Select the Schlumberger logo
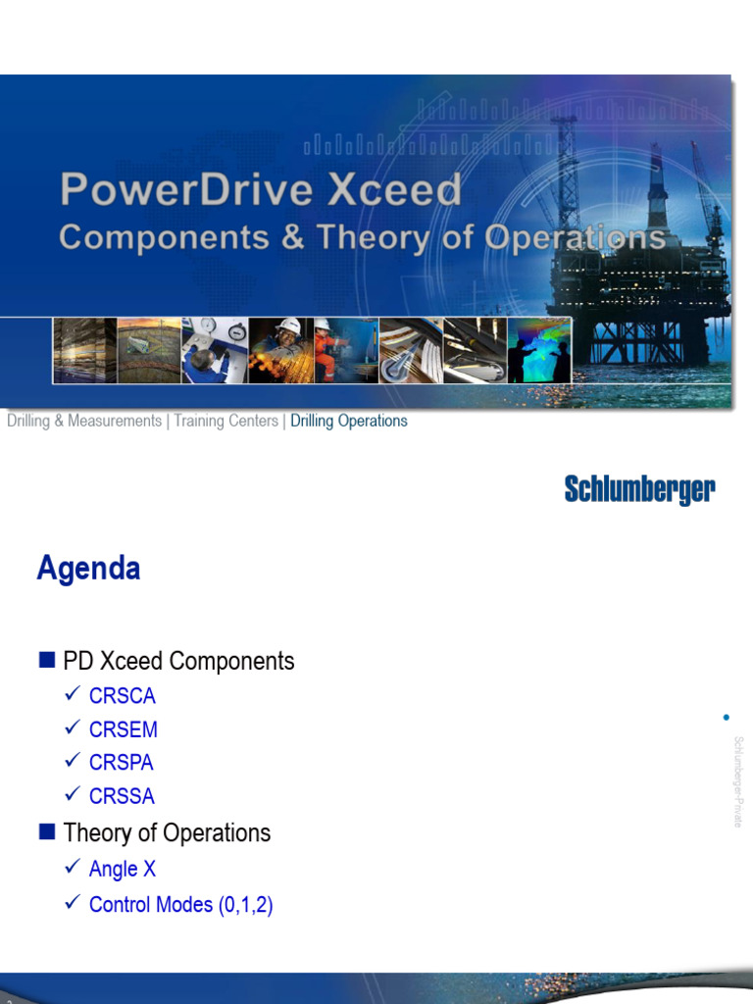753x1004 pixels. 639,489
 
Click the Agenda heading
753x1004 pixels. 88,569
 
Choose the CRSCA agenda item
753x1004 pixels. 122,696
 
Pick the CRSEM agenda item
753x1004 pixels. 123,729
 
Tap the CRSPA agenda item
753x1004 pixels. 121,762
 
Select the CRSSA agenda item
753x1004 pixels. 122,796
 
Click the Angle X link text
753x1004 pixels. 122,869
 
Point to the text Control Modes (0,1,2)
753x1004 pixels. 180,904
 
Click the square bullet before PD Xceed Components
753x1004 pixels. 46,661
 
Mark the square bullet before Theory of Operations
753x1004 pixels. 46,832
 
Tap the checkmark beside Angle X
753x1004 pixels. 71,868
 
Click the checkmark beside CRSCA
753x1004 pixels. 71,695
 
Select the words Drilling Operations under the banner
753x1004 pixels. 348,421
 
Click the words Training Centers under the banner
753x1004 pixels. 226,421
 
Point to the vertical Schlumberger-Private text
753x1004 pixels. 737,781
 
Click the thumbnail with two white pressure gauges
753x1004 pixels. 215,350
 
